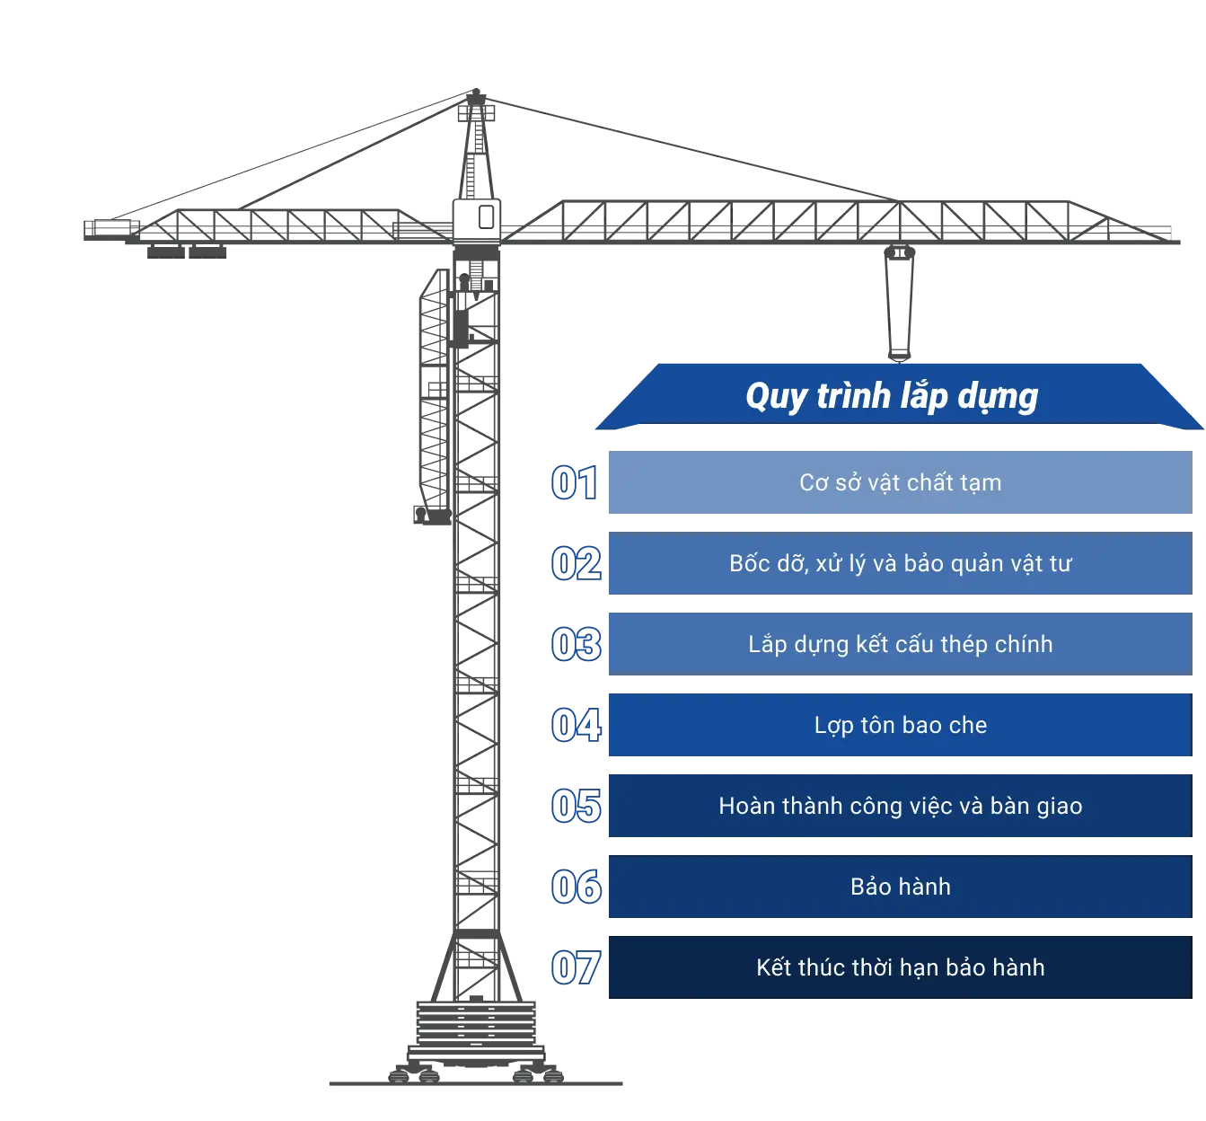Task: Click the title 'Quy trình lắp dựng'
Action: (x=892, y=396)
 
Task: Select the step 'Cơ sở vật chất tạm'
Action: (x=900, y=482)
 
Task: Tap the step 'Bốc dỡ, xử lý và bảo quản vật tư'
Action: (x=900, y=563)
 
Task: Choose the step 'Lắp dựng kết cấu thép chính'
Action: (x=900, y=644)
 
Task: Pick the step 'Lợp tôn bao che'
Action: (x=900, y=725)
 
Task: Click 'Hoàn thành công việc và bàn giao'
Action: (x=900, y=806)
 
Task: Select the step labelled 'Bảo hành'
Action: (x=900, y=887)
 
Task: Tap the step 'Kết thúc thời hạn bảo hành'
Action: (x=900, y=967)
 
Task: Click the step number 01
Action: (x=573, y=482)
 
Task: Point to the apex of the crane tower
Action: (x=470, y=93)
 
